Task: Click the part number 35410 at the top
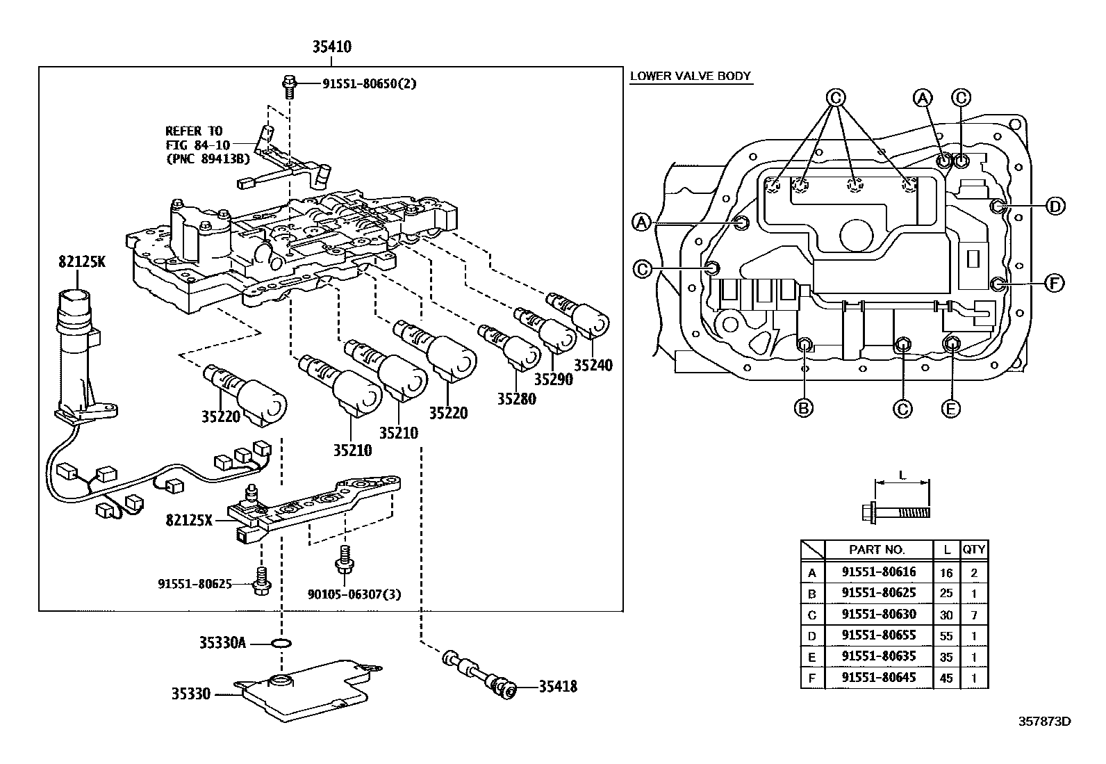[331, 48]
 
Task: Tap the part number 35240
[593, 365]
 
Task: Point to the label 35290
[554, 380]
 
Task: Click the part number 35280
[516, 399]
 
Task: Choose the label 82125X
[189, 519]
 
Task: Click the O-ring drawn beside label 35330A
[280, 643]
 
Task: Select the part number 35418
[558, 688]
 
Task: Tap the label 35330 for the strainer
[191, 693]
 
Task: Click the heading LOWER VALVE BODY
[691, 76]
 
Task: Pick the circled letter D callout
[1055, 206]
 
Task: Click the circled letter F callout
[1055, 283]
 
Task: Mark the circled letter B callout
[804, 408]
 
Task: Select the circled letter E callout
[950, 408]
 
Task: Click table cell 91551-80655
[878, 635]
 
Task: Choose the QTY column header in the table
[973, 549]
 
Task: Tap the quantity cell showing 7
[973, 615]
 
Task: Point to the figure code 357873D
[1044, 721]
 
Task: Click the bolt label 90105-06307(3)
[354, 594]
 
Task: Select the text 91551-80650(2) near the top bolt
[369, 84]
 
